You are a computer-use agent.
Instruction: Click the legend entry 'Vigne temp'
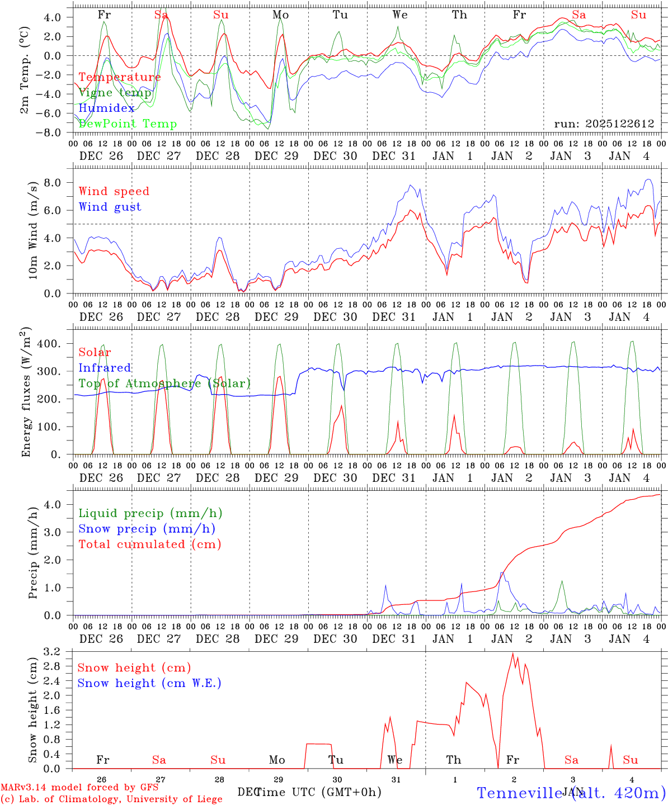click(115, 93)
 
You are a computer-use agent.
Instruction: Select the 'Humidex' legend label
click(106, 108)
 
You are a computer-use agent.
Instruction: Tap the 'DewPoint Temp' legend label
click(128, 124)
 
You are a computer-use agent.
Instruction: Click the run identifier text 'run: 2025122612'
click(604, 124)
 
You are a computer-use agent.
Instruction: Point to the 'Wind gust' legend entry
click(110, 207)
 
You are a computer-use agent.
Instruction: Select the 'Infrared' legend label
click(105, 368)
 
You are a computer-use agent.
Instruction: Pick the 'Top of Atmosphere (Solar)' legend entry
click(164, 383)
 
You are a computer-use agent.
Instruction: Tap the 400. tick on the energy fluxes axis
click(49, 343)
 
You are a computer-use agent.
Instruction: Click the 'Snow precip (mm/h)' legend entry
click(147, 529)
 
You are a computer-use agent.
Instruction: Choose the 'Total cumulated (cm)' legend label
click(149, 544)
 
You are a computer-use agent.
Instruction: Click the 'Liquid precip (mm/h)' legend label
click(150, 513)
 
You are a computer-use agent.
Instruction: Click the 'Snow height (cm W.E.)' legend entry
click(149, 683)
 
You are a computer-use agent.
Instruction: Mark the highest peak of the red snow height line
click(512, 653)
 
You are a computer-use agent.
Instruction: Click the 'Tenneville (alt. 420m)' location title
click(571, 793)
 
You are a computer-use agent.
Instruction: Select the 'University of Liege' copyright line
click(111, 799)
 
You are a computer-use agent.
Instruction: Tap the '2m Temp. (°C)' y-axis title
click(25, 71)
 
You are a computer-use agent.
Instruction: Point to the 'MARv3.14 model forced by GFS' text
click(79, 788)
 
